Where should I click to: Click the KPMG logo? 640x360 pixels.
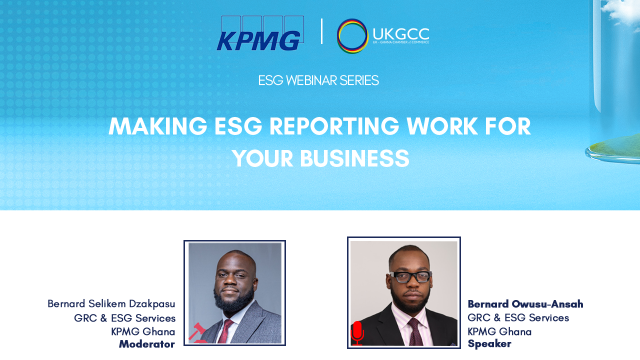click(x=260, y=33)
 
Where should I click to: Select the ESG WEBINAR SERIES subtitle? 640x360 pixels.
click(x=318, y=80)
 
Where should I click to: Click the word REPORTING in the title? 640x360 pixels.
click(x=334, y=126)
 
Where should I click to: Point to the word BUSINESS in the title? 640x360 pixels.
click(x=354, y=158)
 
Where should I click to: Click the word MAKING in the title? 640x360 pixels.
click(x=158, y=126)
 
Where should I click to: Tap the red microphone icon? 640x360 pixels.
click(x=357, y=333)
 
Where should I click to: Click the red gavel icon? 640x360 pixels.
click(x=197, y=333)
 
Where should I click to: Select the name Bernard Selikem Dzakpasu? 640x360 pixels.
click(x=111, y=304)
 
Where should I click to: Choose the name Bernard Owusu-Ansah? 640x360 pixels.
click(x=525, y=304)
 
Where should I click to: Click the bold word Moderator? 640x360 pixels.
click(x=147, y=344)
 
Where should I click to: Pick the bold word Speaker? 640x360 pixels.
click(x=489, y=343)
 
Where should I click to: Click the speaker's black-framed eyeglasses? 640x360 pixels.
click(x=411, y=277)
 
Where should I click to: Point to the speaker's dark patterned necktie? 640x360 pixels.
click(x=415, y=332)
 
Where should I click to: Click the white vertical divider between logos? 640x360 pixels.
click(x=321, y=31)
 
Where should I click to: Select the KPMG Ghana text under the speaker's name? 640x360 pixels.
click(x=499, y=331)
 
